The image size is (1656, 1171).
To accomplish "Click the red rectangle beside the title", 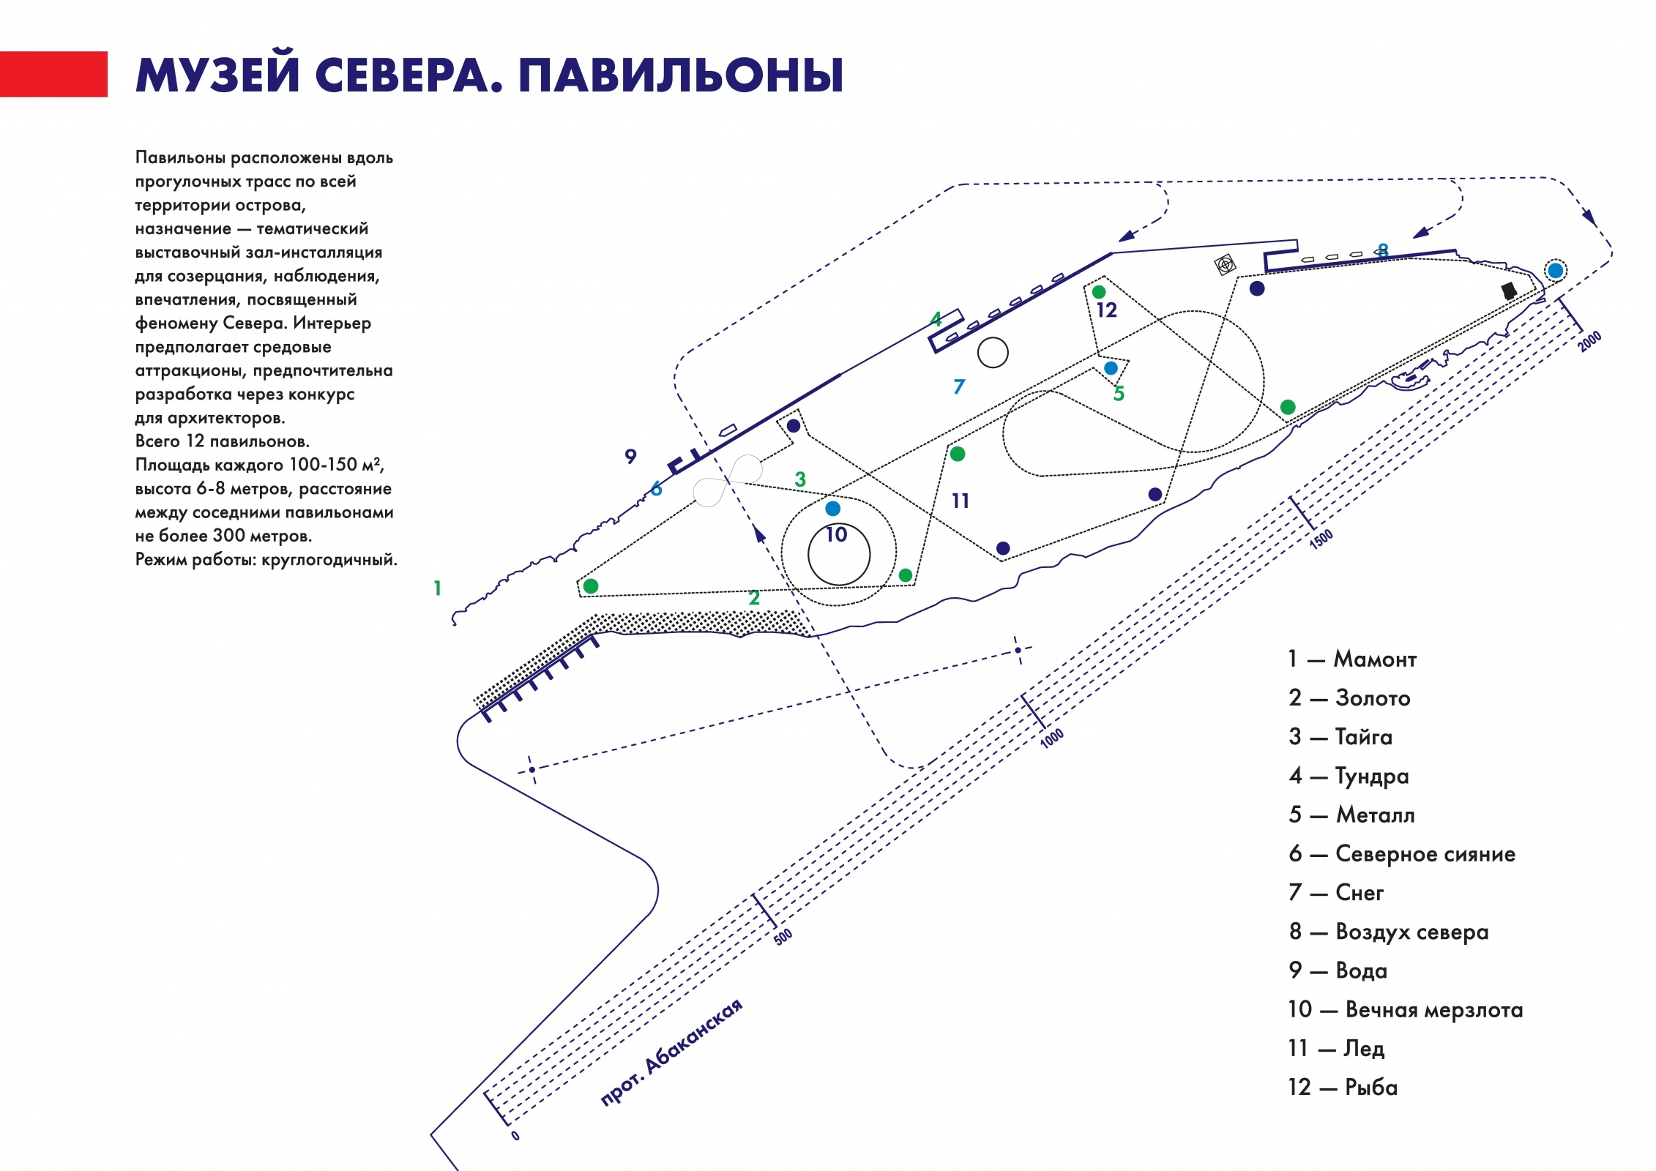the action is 53,74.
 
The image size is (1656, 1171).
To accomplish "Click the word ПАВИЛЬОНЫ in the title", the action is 681,75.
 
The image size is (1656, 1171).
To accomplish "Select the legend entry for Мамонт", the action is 1352,659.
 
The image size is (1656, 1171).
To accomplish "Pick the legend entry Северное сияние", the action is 1402,853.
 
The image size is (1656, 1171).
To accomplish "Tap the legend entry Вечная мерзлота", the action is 1406,1009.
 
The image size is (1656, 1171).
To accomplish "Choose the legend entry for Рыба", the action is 1343,1087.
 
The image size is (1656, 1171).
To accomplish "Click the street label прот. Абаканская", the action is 671,1051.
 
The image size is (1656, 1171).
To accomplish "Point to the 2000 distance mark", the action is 1589,341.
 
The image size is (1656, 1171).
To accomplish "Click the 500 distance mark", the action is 783,937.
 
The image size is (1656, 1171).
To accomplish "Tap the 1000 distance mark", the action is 1051,738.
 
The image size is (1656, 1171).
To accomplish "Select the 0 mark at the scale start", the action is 515,1136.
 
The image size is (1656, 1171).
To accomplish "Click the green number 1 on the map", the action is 437,588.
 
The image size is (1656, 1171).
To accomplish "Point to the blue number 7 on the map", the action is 959,386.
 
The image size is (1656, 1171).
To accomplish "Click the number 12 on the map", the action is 1106,310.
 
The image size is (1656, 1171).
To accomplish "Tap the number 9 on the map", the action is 630,456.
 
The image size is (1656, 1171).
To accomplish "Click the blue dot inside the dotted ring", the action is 1555,271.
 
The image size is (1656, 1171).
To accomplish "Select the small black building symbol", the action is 1509,291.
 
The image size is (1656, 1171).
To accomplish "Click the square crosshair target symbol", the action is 1225,264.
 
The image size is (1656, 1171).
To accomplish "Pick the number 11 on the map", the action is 961,501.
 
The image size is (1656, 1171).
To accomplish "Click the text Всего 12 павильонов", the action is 223,441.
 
